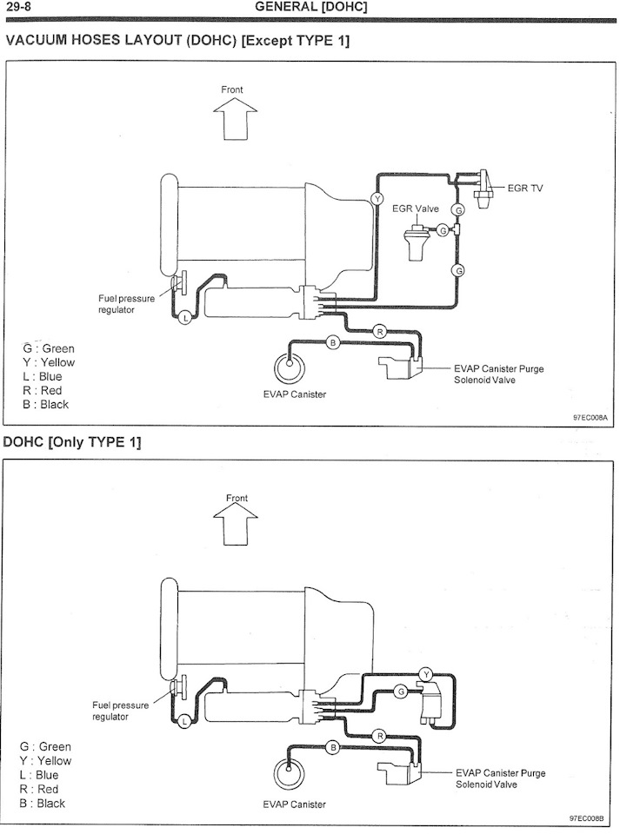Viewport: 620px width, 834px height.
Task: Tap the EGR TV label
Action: point(525,189)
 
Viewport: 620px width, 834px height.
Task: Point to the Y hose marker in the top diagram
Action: point(377,199)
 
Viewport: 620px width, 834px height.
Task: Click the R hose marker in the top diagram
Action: point(380,332)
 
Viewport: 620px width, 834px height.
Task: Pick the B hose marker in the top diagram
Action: point(333,342)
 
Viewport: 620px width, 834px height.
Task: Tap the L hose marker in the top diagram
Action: point(184,318)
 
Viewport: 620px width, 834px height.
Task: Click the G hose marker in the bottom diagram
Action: point(402,692)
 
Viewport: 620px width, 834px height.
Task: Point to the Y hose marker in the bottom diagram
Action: point(426,675)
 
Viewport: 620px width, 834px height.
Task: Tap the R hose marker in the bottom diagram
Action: point(380,736)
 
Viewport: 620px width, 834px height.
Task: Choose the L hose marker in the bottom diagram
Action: point(184,722)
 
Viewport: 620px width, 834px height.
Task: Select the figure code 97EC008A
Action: point(590,418)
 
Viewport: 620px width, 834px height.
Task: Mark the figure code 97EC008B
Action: point(587,818)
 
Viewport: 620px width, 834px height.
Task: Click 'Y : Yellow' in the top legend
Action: point(49,363)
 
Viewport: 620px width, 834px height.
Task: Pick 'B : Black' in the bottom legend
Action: point(42,803)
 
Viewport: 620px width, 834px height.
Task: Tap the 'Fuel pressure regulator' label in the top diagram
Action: point(127,304)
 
